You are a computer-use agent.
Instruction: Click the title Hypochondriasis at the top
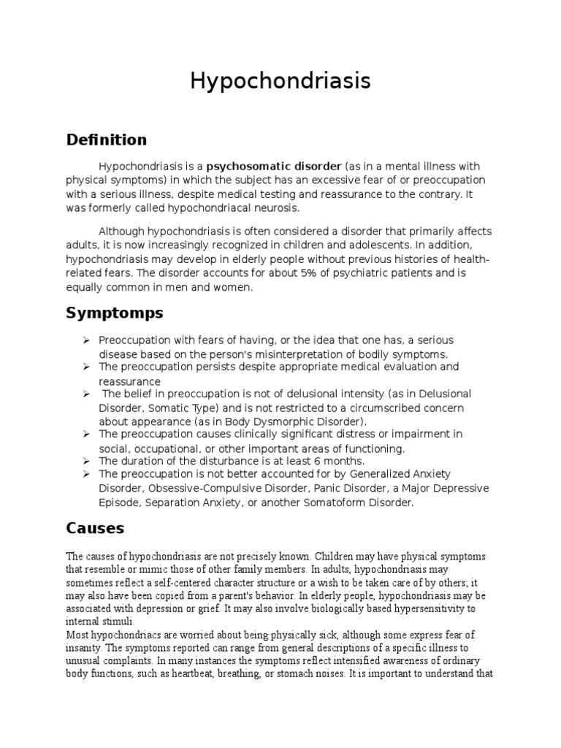(280, 81)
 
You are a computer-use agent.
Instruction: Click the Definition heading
(106, 140)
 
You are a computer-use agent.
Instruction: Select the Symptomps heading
(115, 313)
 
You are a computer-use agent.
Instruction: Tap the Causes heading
(95, 527)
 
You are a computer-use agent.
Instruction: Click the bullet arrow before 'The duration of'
(86, 461)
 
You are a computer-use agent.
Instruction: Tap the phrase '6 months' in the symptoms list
(342, 461)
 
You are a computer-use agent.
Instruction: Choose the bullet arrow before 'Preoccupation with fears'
(86, 341)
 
